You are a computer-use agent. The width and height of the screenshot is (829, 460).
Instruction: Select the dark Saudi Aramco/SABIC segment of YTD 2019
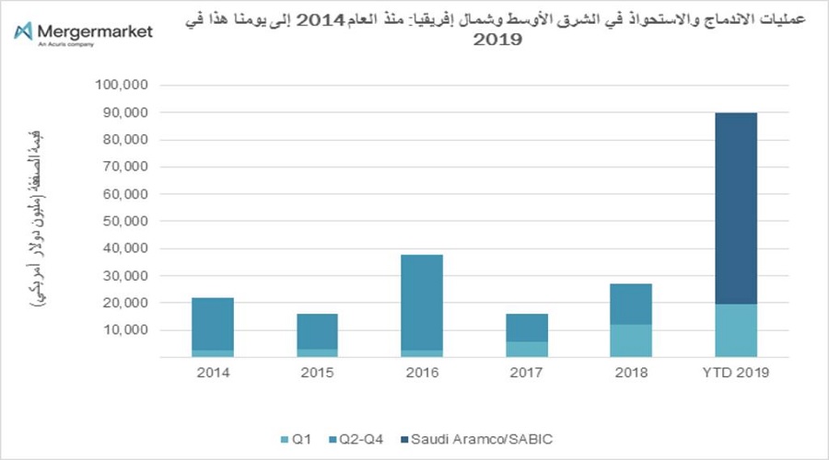pos(736,208)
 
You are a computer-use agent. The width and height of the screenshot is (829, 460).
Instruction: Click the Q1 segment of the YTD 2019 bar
pos(736,330)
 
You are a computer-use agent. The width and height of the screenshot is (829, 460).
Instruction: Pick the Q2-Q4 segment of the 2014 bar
pos(212,323)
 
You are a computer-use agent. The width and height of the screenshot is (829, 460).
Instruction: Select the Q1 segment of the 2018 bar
pos(631,340)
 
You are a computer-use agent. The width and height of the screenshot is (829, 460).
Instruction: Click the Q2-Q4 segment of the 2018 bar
pos(631,304)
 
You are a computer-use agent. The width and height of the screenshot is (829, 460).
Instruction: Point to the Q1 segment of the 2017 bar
pos(526,349)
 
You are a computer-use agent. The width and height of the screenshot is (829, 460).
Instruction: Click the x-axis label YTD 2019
pos(736,374)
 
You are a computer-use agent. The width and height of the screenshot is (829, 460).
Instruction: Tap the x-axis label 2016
pos(422,374)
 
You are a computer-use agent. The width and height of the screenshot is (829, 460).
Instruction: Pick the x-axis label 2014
pos(212,374)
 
